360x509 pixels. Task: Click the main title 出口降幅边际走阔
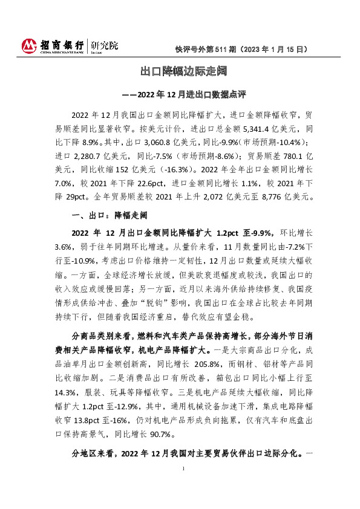click(x=179, y=72)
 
